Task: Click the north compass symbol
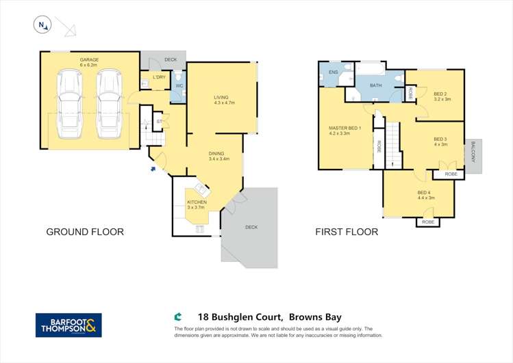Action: (x=42, y=26)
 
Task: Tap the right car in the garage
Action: (x=109, y=103)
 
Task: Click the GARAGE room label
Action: (x=89, y=60)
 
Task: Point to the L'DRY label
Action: (x=160, y=77)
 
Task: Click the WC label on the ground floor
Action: (x=178, y=86)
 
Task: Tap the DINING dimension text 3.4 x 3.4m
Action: (x=218, y=159)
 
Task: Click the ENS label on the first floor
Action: (x=334, y=72)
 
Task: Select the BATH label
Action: (x=375, y=85)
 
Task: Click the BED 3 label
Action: (x=440, y=139)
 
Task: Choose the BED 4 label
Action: (x=424, y=193)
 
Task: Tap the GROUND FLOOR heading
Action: (x=85, y=232)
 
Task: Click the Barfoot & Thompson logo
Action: (x=68, y=325)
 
